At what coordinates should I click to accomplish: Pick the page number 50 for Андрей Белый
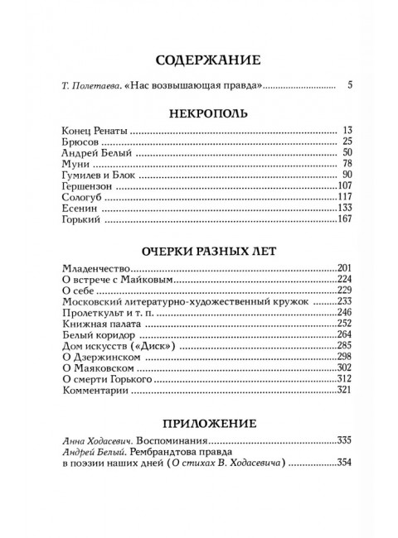point(347,154)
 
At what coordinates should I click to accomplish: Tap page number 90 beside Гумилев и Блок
point(347,176)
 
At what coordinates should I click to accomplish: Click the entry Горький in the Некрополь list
point(83,222)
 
